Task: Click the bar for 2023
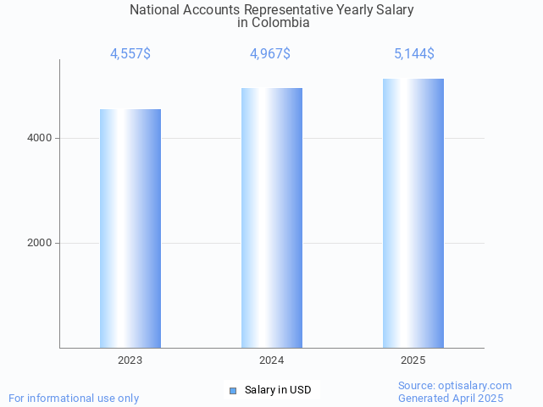pyautogui.click(x=130, y=228)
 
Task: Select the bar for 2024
pyautogui.click(x=272, y=217)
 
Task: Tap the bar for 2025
pyautogui.click(x=413, y=213)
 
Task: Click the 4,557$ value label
pyautogui.click(x=130, y=54)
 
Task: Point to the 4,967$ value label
pyautogui.click(x=270, y=54)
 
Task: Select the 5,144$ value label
pyautogui.click(x=414, y=54)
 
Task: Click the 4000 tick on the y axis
pyautogui.click(x=39, y=138)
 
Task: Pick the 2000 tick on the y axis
pyautogui.click(x=39, y=243)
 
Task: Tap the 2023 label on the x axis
pyautogui.click(x=130, y=360)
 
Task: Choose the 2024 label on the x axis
pyautogui.click(x=272, y=360)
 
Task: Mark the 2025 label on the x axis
pyautogui.click(x=413, y=360)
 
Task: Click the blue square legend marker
pyautogui.click(x=233, y=390)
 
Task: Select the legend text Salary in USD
pyautogui.click(x=278, y=390)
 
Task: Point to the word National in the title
pyautogui.click(x=156, y=10)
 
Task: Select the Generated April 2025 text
pyautogui.click(x=451, y=398)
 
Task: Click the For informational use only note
pyautogui.click(x=74, y=398)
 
